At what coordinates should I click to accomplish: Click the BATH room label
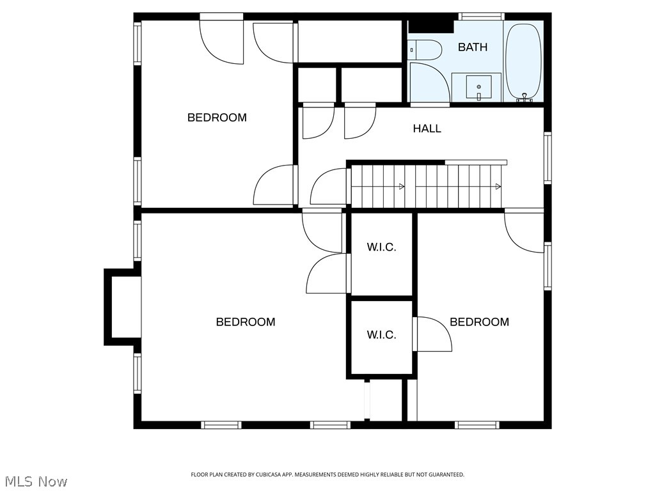473,47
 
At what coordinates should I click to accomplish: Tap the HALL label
427,129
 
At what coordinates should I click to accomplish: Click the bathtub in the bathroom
523,61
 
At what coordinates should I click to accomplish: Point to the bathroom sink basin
478,87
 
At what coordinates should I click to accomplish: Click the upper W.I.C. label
381,247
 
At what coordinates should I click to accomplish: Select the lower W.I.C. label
381,335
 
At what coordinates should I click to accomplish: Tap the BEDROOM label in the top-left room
217,118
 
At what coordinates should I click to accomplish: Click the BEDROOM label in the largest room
246,322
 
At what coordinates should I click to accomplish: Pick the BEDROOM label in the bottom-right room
479,322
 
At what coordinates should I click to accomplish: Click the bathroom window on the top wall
481,16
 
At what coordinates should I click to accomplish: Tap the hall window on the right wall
548,157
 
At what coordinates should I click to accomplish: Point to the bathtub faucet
525,98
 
